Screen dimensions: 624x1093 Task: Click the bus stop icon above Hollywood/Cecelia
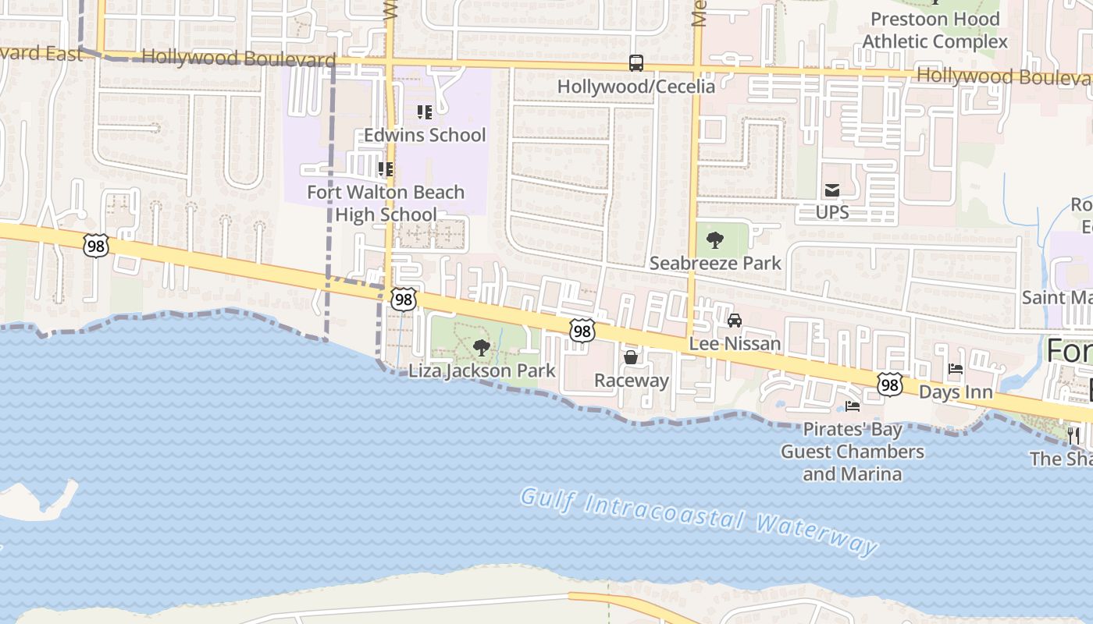click(636, 63)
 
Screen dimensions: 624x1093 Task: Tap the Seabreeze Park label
click(715, 263)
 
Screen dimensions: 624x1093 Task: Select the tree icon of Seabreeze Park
click(714, 240)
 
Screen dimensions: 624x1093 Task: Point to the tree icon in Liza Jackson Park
click(482, 348)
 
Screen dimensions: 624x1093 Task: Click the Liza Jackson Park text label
click(482, 370)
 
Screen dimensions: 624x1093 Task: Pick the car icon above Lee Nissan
click(735, 321)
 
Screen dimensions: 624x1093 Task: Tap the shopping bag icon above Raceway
click(631, 357)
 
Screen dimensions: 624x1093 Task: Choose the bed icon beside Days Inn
click(956, 370)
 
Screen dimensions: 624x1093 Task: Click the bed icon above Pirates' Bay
click(853, 406)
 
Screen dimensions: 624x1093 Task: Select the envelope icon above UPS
click(832, 190)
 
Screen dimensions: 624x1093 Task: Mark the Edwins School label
click(425, 135)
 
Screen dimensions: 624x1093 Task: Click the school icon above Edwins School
click(425, 112)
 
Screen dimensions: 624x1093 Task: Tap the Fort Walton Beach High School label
click(386, 203)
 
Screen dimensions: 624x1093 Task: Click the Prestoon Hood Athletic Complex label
click(935, 30)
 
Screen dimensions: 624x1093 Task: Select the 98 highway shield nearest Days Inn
click(890, 385)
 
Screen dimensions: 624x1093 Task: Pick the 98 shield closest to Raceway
click(582, 331)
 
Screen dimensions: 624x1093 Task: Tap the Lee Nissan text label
click(735, 343)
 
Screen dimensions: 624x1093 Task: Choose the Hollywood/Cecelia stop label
click(636, 86)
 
